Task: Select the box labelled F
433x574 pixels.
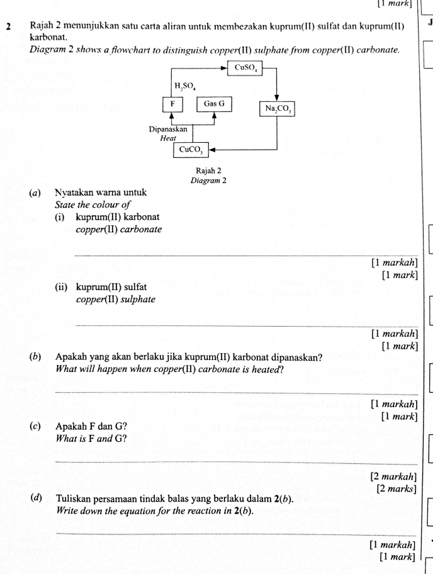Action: [x=172, y=104]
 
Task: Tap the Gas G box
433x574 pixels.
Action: [x=214, y=104]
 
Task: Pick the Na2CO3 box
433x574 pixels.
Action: [x=277, y=109]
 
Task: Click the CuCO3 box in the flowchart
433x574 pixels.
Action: [x=191, y=150]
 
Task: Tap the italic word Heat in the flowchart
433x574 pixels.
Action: [x=168, y=137]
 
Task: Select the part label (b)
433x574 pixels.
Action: [x=36, y=357]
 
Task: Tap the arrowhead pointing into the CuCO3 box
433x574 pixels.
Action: [x=212, y=150]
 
